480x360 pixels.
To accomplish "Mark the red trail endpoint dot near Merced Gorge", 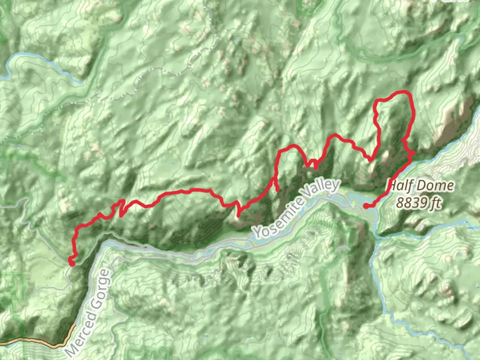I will (x=72, y=263).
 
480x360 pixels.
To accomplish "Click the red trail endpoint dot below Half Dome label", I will (x=366, y=206).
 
